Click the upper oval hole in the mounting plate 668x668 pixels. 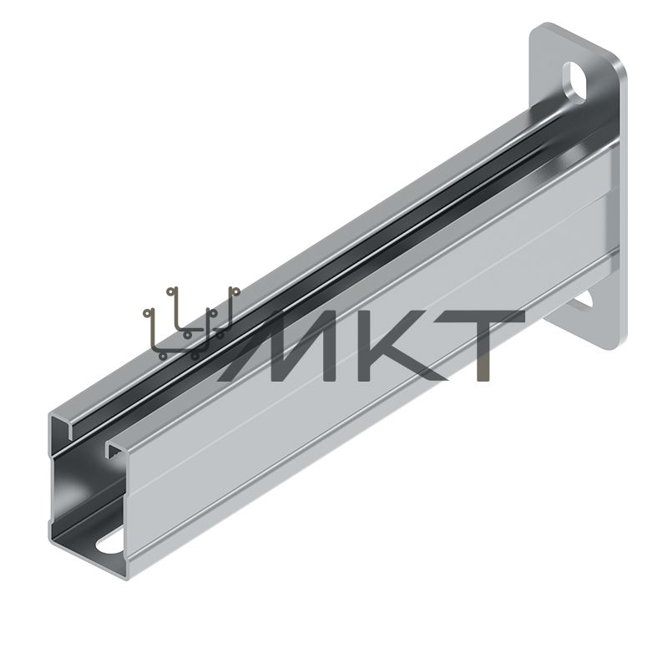574,83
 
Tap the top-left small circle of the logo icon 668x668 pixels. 172,291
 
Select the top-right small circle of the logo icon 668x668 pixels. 233,291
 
